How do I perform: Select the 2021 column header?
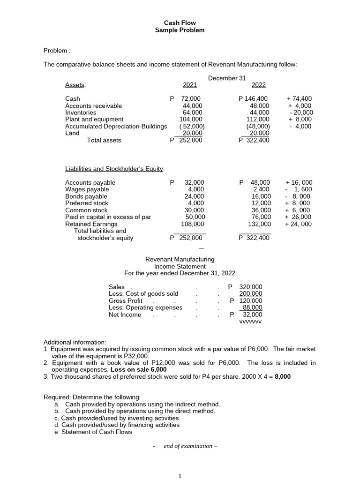[x=190, y=85]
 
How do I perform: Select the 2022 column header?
[x=259, y=85]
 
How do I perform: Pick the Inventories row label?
[x=81, y=112]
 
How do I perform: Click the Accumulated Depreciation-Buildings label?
[x=116, y=126]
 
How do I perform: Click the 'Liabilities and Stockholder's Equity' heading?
[x=114, y=168]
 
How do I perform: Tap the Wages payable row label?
[x=87, y=189]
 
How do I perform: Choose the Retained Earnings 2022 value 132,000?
[x=260, y=224]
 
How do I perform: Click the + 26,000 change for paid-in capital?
[x=298, y=217]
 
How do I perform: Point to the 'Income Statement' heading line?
[x=180, y=266]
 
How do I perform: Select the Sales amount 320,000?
[x=251, y=287]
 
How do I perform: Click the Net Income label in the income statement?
[x=125, y=315]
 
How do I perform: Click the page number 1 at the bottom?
[x=180, y=476]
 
